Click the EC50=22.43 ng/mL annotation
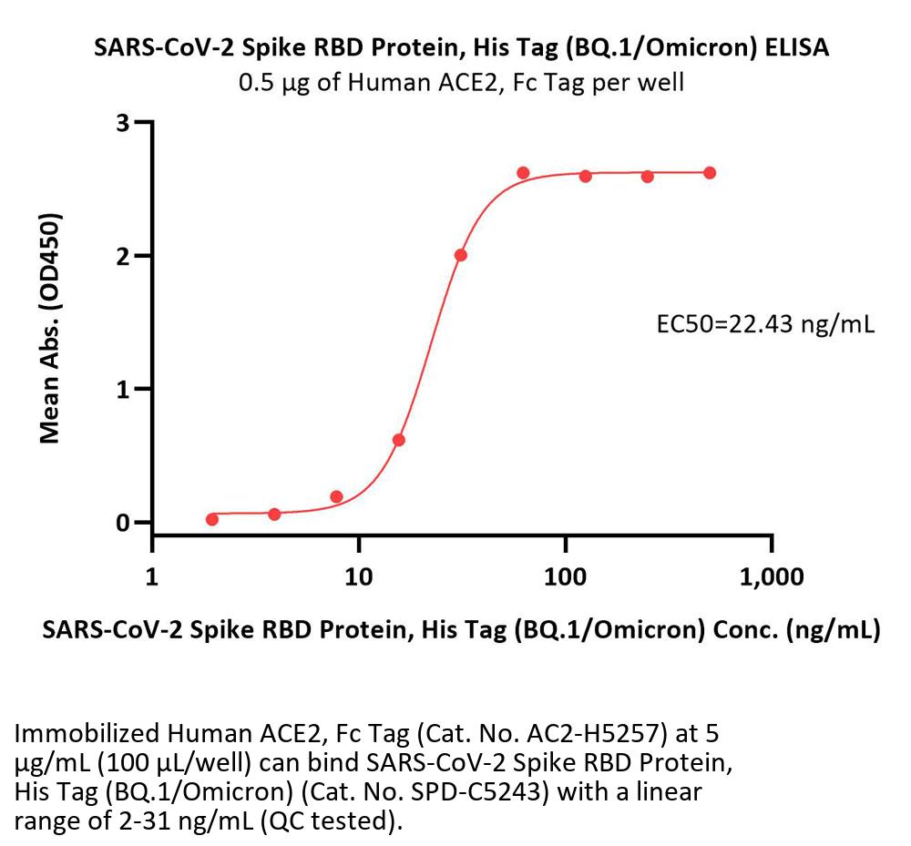[x=765, y=325]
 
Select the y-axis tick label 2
[x=122, y=256]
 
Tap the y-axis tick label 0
[x=122, y=523]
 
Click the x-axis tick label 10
[x=359, y=577]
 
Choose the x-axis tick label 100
[x=566, y=577]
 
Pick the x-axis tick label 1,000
[x=772, y=577]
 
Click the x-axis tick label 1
[x=152, y=577]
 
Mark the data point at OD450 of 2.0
[x=461, y=255]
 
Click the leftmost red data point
[x=212, y=519]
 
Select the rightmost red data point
[x=710, y=173]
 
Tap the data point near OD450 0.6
[x=398, y=440]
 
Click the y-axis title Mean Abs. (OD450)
[x=51, y=329]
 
